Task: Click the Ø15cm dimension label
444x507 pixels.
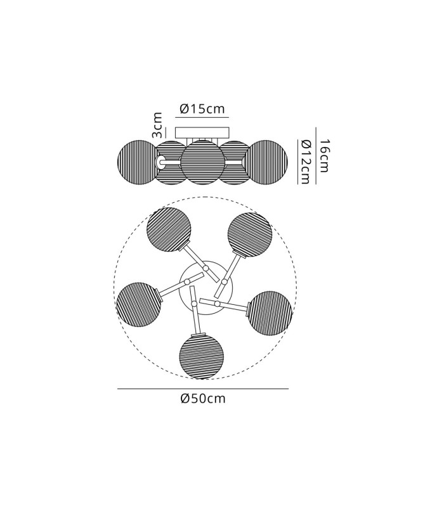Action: click(202, 109)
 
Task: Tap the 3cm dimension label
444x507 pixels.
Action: click(157, 125)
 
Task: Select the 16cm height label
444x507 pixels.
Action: click(324, 156)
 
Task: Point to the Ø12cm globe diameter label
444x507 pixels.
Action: click(305, 162)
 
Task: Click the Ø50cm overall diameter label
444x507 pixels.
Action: click(203, 399)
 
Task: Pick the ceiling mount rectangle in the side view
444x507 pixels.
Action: click(202, 132)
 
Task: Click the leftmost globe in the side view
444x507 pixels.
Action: click(137, 162)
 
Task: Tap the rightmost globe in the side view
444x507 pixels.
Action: click(268, 162)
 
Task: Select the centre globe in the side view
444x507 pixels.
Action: click(202, 162)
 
